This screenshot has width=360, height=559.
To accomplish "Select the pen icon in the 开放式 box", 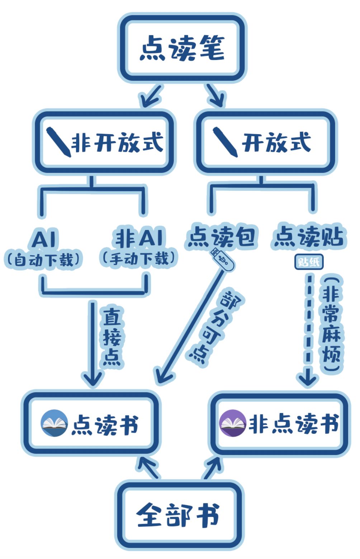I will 225,142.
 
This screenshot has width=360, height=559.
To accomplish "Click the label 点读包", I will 221,236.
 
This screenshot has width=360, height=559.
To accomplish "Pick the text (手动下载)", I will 139,258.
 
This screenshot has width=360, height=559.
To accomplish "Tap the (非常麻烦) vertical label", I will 331,325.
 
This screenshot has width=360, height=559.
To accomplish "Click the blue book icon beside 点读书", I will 54,423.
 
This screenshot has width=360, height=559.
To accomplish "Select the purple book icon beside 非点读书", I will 233,423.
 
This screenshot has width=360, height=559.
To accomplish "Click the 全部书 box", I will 179,515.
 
